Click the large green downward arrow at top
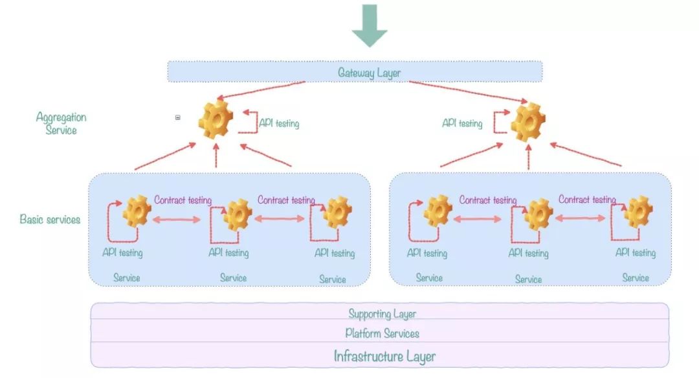pyautogui.click(x=370, y=25)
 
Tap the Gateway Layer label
pyautogui.click(x=370, y=73)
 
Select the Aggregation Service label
pyautogui.click(x=61, y=123)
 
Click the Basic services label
pyautogui.click(x=50, y=219)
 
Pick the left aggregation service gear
pyautogui.click(x=216, y=120)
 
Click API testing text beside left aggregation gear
pyautogui.click(x=279, y=123)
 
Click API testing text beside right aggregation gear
pyautogui.click(x=462, y=123)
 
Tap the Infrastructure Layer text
pyautogui.click(x=384, y=356)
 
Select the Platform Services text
pyautogui.click(x=382, y=333)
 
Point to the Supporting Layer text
pyautogui.click(x=382, y=314)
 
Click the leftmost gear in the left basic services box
pyautogui.click(x=137, y=211)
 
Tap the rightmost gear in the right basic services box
pyautogui.click(x=638, y=212)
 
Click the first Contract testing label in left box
pyautogui.click(x=183, y=200)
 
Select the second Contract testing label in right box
pyautogui.click(x=587, y=200)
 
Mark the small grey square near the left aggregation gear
pyautogui.click(x=178, y=117)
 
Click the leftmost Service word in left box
pyautogui.click(x=127, y=278)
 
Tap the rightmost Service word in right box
pyautogui.click(x=636, y=278)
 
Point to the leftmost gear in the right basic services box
pyautogui.click(x=438, y=211)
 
